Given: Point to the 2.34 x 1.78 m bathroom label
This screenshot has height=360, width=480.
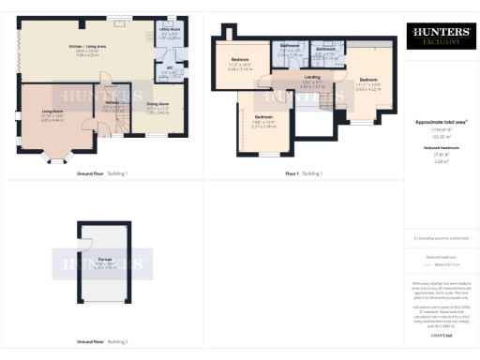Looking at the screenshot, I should point(289,50).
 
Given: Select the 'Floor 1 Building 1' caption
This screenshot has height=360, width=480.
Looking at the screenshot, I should point(304,173).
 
